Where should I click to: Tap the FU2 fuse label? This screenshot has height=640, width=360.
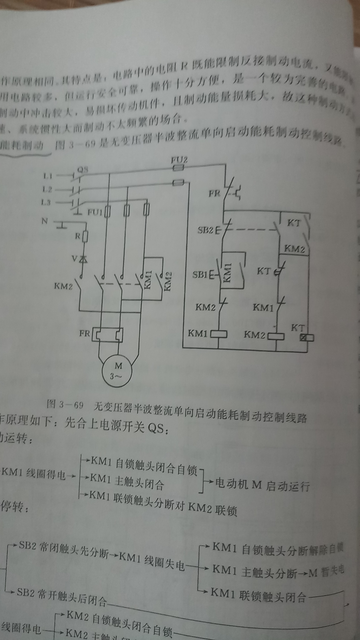coord(179,160)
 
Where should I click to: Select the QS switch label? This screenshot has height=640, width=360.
coord(82,170)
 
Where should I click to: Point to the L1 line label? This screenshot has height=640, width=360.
coord(47,175)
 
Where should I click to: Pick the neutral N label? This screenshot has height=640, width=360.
coord(45,221)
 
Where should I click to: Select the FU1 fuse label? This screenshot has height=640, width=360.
coord(95,212)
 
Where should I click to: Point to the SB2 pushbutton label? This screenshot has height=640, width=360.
coord(205,230)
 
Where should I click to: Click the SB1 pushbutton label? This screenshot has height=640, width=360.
coord(200,275)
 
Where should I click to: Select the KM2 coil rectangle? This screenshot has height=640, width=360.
coord(276,336)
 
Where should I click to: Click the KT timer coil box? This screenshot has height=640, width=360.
coord(306,338)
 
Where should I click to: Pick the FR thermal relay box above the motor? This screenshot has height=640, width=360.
coord(108,334)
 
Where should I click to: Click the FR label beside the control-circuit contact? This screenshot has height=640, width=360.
coord(214,193)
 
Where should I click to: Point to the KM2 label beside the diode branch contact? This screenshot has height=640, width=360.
coord(63,286)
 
